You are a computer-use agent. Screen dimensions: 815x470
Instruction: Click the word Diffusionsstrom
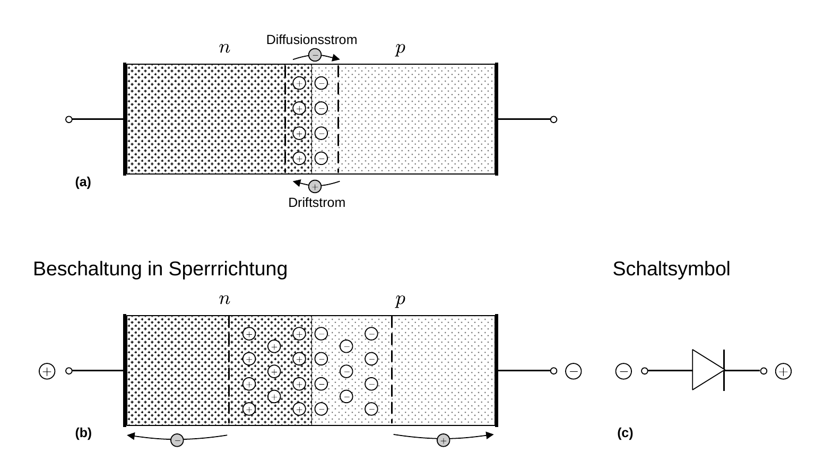coord(311,40)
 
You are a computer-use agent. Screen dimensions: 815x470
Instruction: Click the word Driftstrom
coord(317,203)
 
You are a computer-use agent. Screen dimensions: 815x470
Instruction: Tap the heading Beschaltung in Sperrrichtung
coord(160,269)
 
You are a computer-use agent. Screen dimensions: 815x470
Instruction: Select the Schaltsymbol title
coord(671,269)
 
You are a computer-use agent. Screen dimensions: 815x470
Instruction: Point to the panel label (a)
coord(83,182)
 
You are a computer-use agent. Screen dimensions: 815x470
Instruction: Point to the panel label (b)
coord(83,433)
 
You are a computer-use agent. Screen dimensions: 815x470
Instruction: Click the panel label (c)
coord(625,433)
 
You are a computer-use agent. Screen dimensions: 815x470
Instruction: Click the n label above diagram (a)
coord(224,48)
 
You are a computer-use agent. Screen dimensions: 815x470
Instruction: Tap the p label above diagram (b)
coord(400,300)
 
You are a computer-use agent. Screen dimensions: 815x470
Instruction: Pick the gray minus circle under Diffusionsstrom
coord(315,55)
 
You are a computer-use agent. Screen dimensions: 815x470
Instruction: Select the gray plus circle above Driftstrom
coord(315,187)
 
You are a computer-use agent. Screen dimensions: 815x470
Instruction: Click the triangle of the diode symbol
coord(708,370)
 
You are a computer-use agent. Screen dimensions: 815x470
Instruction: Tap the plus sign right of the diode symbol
coord(783,371)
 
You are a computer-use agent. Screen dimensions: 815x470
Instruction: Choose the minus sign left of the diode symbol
coord(623,371)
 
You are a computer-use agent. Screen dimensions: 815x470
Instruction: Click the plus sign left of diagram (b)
coord(47,371)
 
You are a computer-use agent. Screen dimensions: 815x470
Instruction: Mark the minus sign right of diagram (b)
coord(574,371)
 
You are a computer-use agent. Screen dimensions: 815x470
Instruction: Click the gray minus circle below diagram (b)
coord(177,440)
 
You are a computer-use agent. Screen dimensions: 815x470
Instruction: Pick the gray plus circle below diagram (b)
coord(443,440)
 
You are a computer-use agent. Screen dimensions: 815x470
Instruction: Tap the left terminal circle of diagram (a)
coord(69,119)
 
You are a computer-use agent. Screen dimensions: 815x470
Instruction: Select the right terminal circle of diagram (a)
coord(553,119)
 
